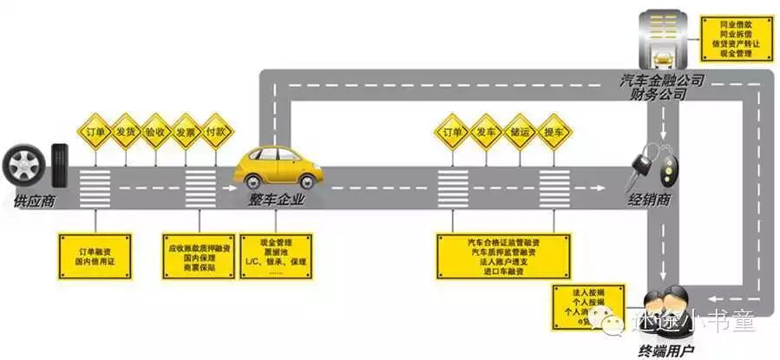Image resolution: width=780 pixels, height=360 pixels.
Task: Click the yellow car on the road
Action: tap(278, 167)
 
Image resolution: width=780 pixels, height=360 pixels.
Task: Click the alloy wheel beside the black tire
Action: tap(23, 164)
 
